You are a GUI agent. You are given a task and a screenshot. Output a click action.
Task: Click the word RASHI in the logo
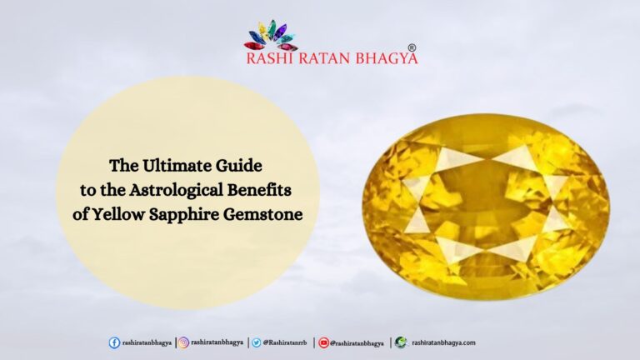tap(267, 59)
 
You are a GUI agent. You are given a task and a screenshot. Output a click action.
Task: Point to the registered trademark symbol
tap(412, 49)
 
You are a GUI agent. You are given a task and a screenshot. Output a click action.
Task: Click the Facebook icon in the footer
tap(114, 342)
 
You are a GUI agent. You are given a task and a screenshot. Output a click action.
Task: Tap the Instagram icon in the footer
tap(183, 342)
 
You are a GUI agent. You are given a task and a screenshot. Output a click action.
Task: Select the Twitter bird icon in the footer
tap(257, 342)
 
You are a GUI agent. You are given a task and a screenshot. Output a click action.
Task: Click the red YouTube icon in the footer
tap(323, 342)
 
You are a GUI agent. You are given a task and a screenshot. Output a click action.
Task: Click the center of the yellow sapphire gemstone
tap(486, 205)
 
